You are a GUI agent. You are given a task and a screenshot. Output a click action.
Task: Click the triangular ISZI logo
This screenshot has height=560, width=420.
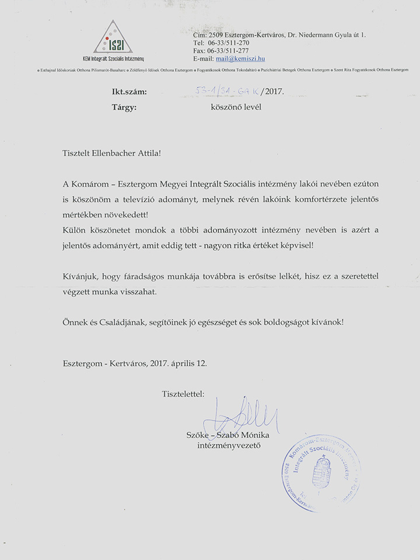coord(113,37)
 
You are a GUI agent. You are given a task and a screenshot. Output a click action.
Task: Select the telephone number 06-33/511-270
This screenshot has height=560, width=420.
coord(228,43)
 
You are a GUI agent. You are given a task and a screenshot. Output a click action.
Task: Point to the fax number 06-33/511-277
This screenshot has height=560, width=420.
coord(229,51)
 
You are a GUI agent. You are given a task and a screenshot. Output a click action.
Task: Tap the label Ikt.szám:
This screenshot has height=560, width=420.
coord(129,92)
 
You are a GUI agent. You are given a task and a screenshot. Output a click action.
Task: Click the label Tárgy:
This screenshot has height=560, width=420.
coord(124,107)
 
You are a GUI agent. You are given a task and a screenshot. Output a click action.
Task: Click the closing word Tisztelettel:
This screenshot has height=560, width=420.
coord(184,395)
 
